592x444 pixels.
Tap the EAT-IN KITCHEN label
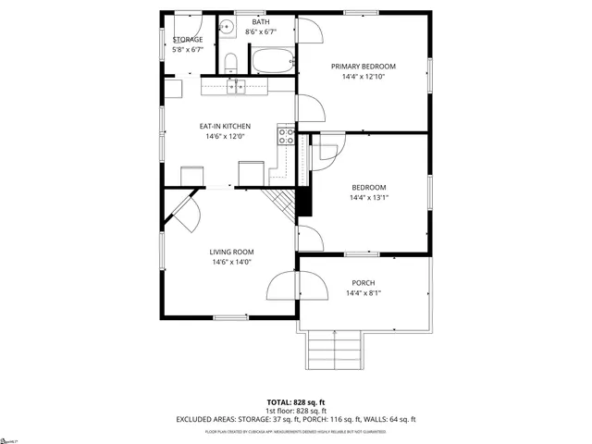(226, 126)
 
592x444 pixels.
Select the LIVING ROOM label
(231, 252)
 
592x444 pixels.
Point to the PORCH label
(364, 283)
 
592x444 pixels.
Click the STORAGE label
(188, 40)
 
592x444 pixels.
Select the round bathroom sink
(228, 27)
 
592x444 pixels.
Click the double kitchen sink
(237, 87)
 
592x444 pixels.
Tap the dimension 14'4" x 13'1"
(369, 197)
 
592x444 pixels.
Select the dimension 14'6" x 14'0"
(231, 262)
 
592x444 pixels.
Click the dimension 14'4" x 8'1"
(364, 293)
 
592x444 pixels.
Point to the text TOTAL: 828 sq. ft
(296, 403)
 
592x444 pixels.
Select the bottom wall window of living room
(231, 318)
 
